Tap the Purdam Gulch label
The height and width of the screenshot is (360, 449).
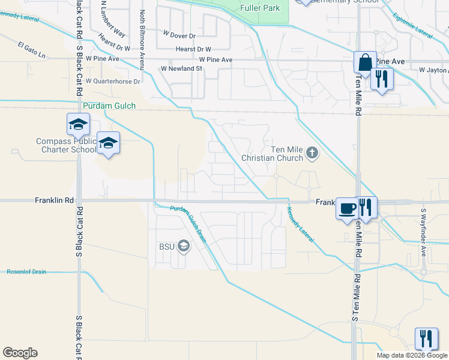click(x=110, y=106)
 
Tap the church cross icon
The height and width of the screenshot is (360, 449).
click(x=312, y=154)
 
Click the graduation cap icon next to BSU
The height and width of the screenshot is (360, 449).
click(x=183, y=247)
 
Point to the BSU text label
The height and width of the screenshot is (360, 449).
click(x=166, y=247)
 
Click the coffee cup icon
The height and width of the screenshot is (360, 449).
click(x=346, y=208)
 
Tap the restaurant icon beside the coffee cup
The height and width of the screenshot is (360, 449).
click(x=366, y=208)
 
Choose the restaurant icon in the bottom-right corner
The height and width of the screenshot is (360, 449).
click(x=426, y=338)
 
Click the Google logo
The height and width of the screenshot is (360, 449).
click(x=20, y=353)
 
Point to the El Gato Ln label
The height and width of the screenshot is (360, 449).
click(x=32, y=46)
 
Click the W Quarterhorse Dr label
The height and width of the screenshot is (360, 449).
click(x=113, y=81)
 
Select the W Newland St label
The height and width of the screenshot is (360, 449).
click(x=181, y=69)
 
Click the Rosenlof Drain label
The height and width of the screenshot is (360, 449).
click(x=26, y=272)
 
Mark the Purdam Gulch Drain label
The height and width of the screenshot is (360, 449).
click(x=187, y=224)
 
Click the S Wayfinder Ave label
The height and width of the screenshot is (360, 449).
click(x=423, y=233)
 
